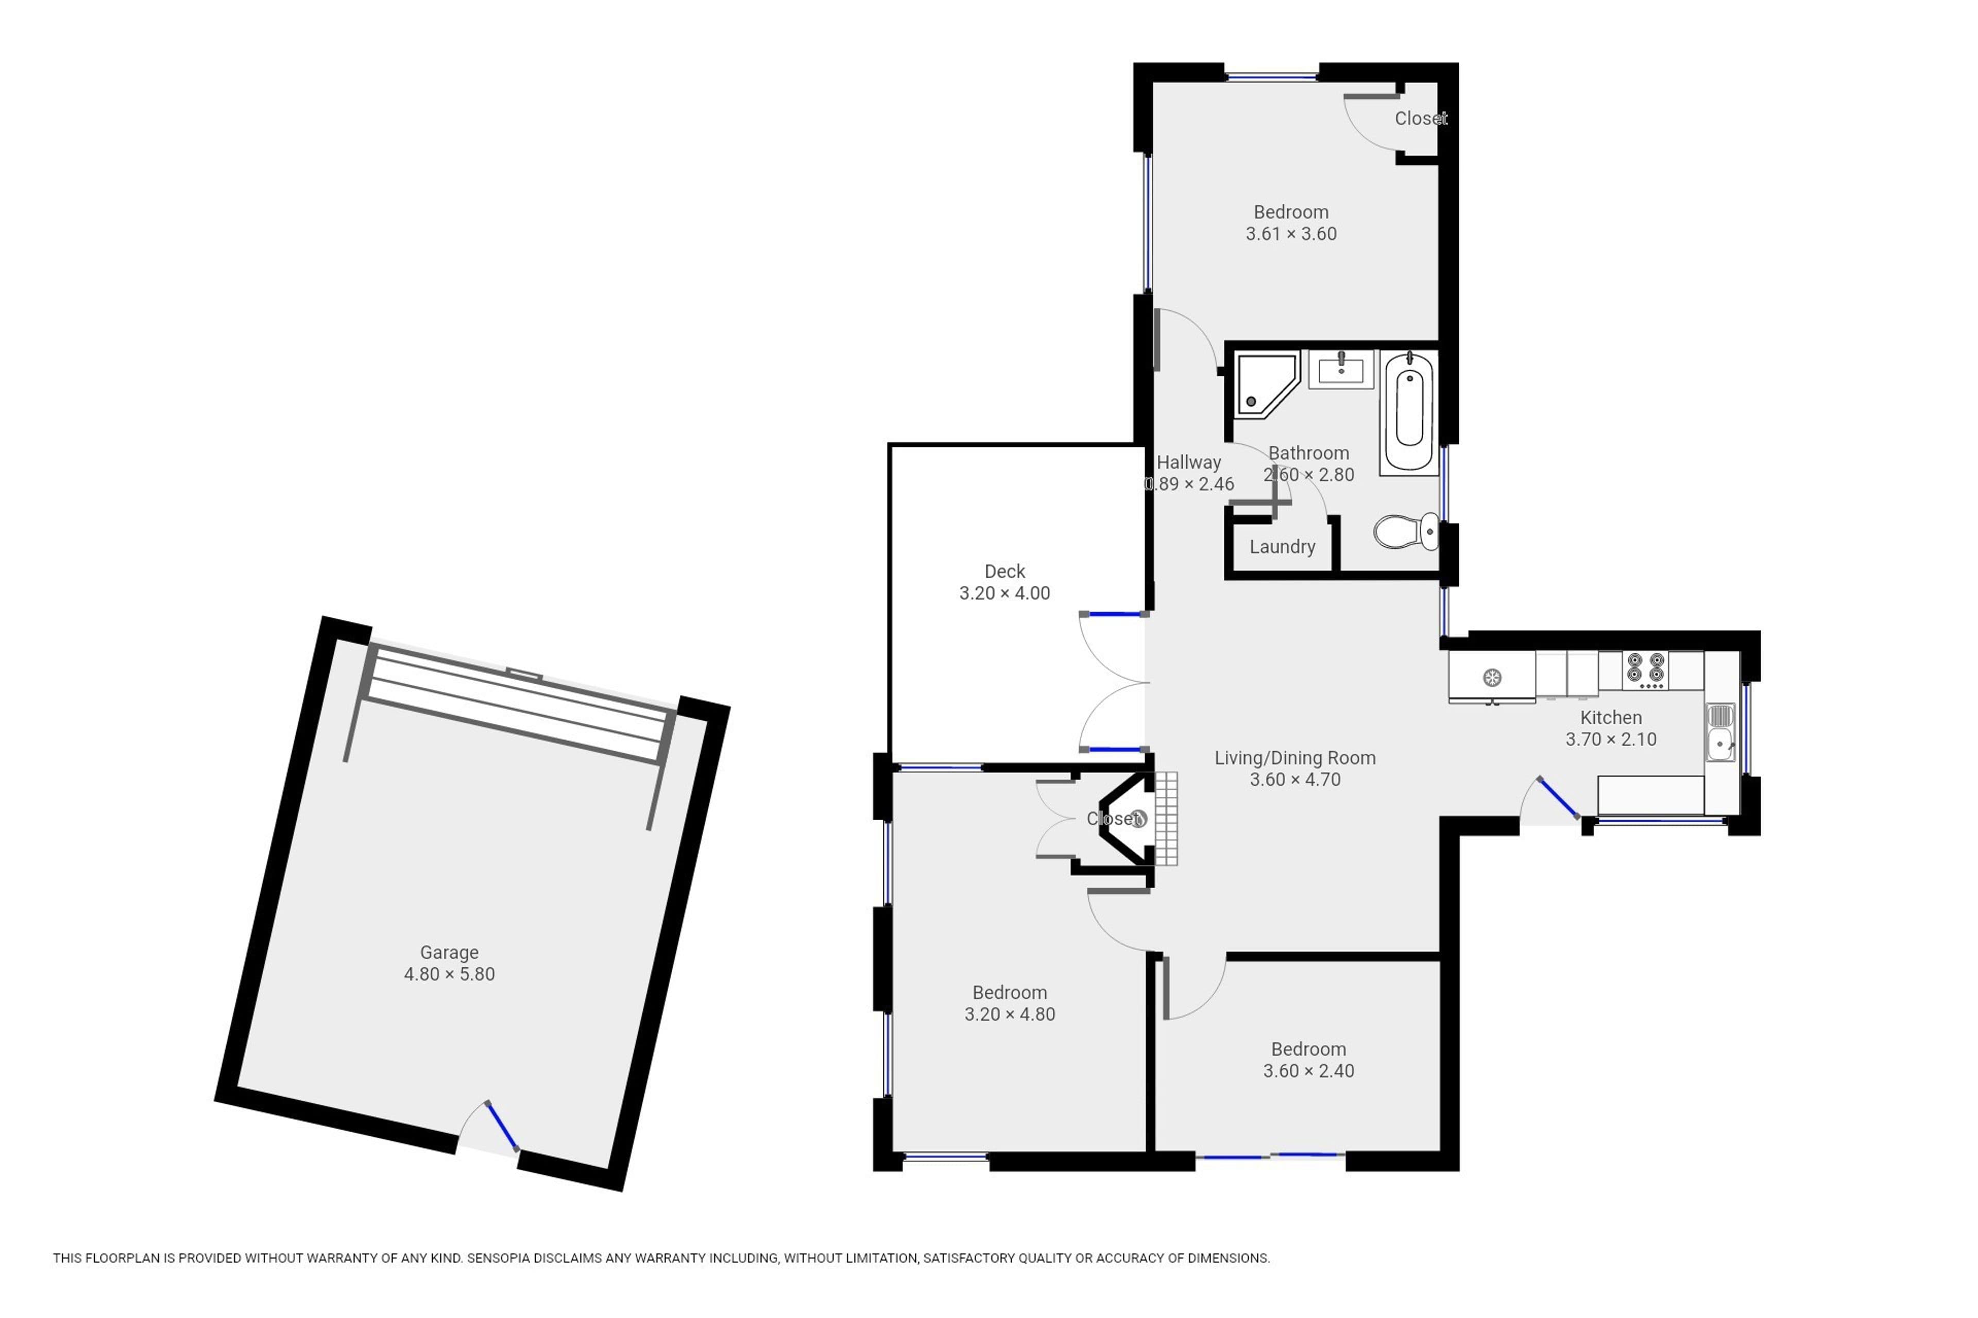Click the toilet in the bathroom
click(x=1406, y=531)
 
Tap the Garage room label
click(x=449, y=952)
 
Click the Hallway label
click(x=1188, y=462)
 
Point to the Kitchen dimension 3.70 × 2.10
click(x=1611, y=740)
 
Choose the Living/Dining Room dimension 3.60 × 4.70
click(x=1294, y=780)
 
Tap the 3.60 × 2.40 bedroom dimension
click(x=1308, y=1071)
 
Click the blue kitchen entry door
click(x=1558, y=797)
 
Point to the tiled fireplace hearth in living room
click(x=1166, y=819)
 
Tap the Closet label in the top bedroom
click(x=1421, y=118)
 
